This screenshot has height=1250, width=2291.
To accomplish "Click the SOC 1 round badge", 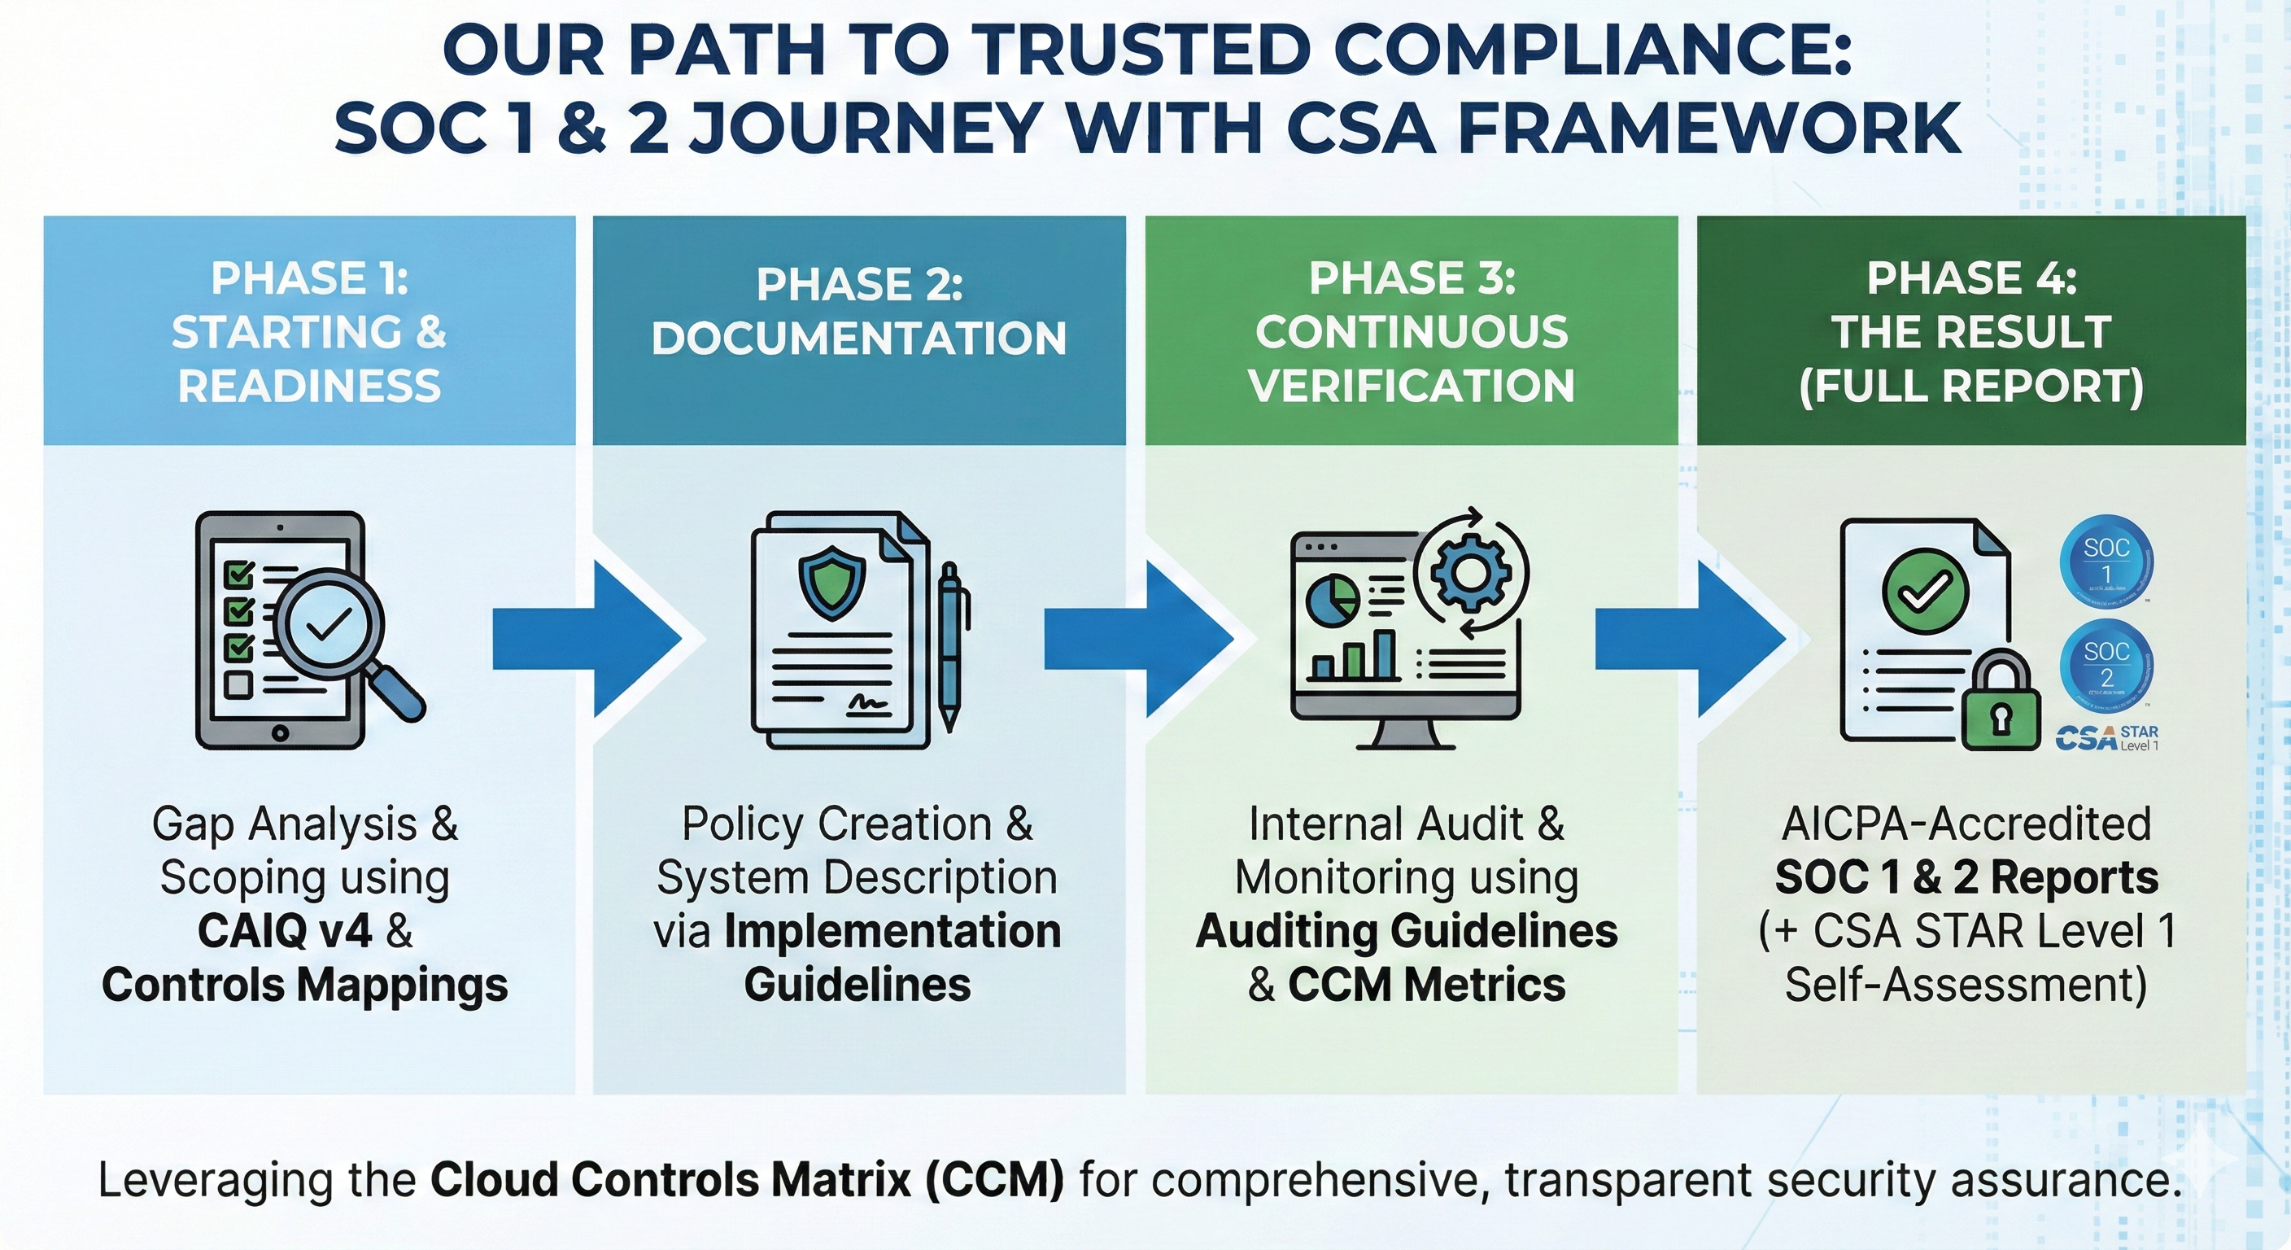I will point(2106,562).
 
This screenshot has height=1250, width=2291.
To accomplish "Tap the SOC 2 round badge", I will point(2106,665).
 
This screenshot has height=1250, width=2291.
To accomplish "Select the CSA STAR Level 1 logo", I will point(2106,737).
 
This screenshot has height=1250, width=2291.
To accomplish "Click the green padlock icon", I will point(2001,703).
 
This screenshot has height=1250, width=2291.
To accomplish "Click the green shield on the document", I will point(831,582).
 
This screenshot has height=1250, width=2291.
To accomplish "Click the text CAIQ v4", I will point(284,932).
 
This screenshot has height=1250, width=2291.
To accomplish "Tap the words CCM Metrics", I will point(1426,985).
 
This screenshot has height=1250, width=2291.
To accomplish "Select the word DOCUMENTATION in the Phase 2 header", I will point(858,339).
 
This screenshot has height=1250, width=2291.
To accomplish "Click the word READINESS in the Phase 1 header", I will point(309,386).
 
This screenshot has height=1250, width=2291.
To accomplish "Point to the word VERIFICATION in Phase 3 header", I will point(1411,385).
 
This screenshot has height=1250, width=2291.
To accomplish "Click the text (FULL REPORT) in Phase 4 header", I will point(1970,385).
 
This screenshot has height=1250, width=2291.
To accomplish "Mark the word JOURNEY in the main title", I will point(865,126).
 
